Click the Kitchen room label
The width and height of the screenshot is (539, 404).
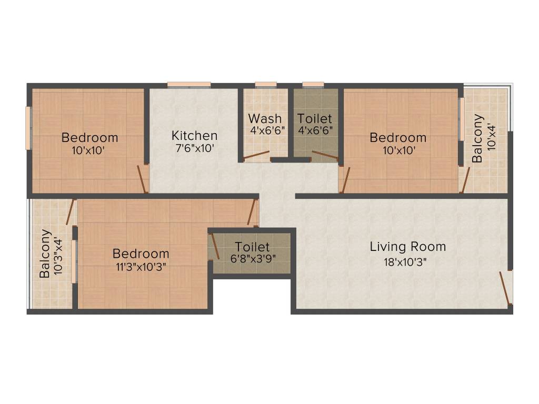194,136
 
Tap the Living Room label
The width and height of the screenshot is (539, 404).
407,246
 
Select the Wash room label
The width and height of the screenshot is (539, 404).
265,118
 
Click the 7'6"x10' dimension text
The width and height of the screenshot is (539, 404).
195,148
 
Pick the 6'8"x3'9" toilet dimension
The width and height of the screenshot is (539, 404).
252,258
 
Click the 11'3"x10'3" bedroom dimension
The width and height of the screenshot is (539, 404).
141,266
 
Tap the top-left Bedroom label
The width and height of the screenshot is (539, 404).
90,138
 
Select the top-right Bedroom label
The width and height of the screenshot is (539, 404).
398,138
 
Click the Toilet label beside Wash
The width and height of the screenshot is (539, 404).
315,118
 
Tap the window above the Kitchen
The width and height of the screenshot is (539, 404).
189,84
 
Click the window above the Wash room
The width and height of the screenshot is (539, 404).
265,84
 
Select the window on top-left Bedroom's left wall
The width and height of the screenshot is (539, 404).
29,128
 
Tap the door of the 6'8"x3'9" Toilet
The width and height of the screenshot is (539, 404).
214,245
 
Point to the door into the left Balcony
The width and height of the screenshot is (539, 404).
69,213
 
